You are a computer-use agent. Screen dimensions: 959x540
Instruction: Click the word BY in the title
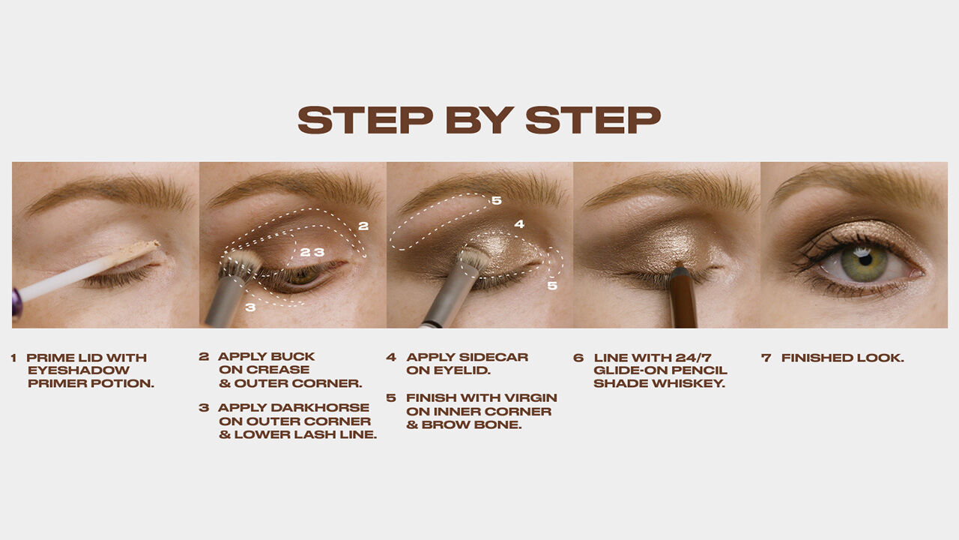coord(479,119)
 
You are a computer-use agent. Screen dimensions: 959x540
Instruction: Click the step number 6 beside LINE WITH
coord(578,358)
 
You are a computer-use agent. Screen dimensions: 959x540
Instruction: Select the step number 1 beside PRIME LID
coord(13,358)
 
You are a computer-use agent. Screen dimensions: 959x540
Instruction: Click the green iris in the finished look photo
coord(864,262)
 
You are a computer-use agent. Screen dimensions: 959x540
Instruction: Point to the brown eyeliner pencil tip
coord(679,269)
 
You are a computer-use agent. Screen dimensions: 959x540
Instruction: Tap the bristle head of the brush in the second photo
coord(241,265)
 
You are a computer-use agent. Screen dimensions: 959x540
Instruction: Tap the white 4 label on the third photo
coord(519,223)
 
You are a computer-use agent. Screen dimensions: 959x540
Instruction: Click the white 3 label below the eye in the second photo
coord(250,307)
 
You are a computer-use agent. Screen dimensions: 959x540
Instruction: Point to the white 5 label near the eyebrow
coord(496,200)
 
